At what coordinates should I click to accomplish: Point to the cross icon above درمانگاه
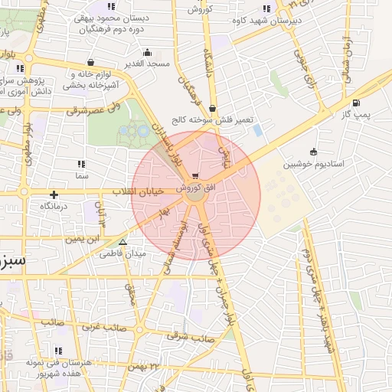54,194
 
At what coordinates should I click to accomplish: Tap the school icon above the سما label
80,164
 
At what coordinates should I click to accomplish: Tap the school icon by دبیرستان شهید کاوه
266,9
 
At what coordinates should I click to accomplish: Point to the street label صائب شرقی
188,335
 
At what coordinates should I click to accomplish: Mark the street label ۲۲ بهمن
165,367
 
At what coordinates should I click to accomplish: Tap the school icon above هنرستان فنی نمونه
57,351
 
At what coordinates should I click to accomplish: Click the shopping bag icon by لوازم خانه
91,63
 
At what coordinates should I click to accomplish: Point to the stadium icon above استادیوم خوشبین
313,151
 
